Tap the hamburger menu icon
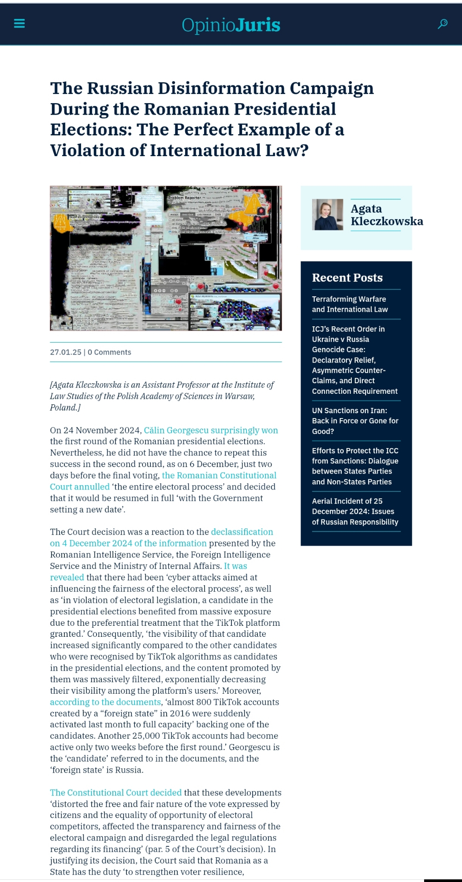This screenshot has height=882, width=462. [19, 23]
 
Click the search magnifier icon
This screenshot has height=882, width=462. [443, 24]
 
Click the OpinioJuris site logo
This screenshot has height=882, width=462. [231, 25]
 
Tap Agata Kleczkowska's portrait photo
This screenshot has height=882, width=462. [328, 215]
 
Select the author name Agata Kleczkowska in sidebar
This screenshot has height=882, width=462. [386, 215]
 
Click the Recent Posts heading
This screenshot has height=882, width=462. [347, 278]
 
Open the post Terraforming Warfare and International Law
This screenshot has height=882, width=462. [350, 304]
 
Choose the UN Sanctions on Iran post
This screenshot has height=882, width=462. [355, 421]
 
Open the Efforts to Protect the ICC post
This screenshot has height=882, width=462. [355, 466]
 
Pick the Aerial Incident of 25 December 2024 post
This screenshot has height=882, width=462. [355, 512]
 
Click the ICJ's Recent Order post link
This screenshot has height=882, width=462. [354, 360]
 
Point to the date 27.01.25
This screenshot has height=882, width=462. [66, 352]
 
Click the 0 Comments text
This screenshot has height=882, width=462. [109, 352]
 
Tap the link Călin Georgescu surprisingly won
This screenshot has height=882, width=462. [211, 430]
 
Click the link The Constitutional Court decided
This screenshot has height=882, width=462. [115, 792]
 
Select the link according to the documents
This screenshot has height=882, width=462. [105, 702]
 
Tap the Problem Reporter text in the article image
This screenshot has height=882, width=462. [184, 198]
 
